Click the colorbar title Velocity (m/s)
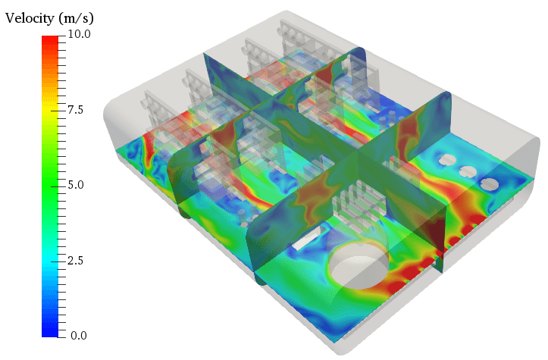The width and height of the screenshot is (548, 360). coord(49,17)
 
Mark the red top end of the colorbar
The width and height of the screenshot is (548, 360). coord(50,39)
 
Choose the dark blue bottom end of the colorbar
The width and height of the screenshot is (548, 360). coord(50,331)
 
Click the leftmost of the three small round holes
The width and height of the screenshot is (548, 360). coord(447,160)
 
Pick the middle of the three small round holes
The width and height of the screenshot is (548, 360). coord(468,172)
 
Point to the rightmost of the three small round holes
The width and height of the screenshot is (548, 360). coord(490,183)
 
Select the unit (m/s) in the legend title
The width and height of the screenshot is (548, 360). coord(77,17)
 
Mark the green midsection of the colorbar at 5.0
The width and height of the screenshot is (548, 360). coord(50,185)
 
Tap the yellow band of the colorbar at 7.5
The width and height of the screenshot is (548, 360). coord(50,110)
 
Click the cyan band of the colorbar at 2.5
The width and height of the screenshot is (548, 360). coord(50,260)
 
